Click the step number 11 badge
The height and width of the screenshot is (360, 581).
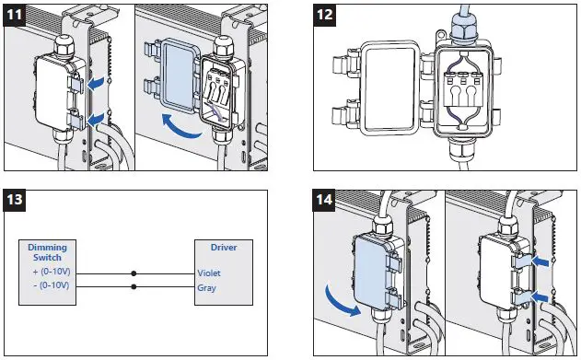click(15, 15)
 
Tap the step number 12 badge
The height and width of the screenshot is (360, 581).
click(325, 15)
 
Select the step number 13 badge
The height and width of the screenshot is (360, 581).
click(15, 200)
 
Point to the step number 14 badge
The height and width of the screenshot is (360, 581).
click(324, 200)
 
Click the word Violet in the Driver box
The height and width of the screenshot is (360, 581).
click(209, 273)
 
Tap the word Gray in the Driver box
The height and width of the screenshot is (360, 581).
click(207, 288)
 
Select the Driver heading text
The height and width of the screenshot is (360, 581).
click(224, 248)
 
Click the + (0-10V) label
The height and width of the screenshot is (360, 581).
click(52, 272)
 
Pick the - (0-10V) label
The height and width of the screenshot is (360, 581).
click(52, 285)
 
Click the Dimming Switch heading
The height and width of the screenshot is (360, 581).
click(48, 252)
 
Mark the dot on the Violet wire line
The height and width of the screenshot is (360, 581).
click(134, 273)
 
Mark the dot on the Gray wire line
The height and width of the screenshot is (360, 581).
click(134, 286)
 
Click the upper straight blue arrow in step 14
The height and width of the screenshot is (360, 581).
click(540, 262)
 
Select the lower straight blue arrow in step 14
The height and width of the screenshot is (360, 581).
click(540, 296)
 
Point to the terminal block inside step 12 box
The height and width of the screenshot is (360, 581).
click(460, 90)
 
